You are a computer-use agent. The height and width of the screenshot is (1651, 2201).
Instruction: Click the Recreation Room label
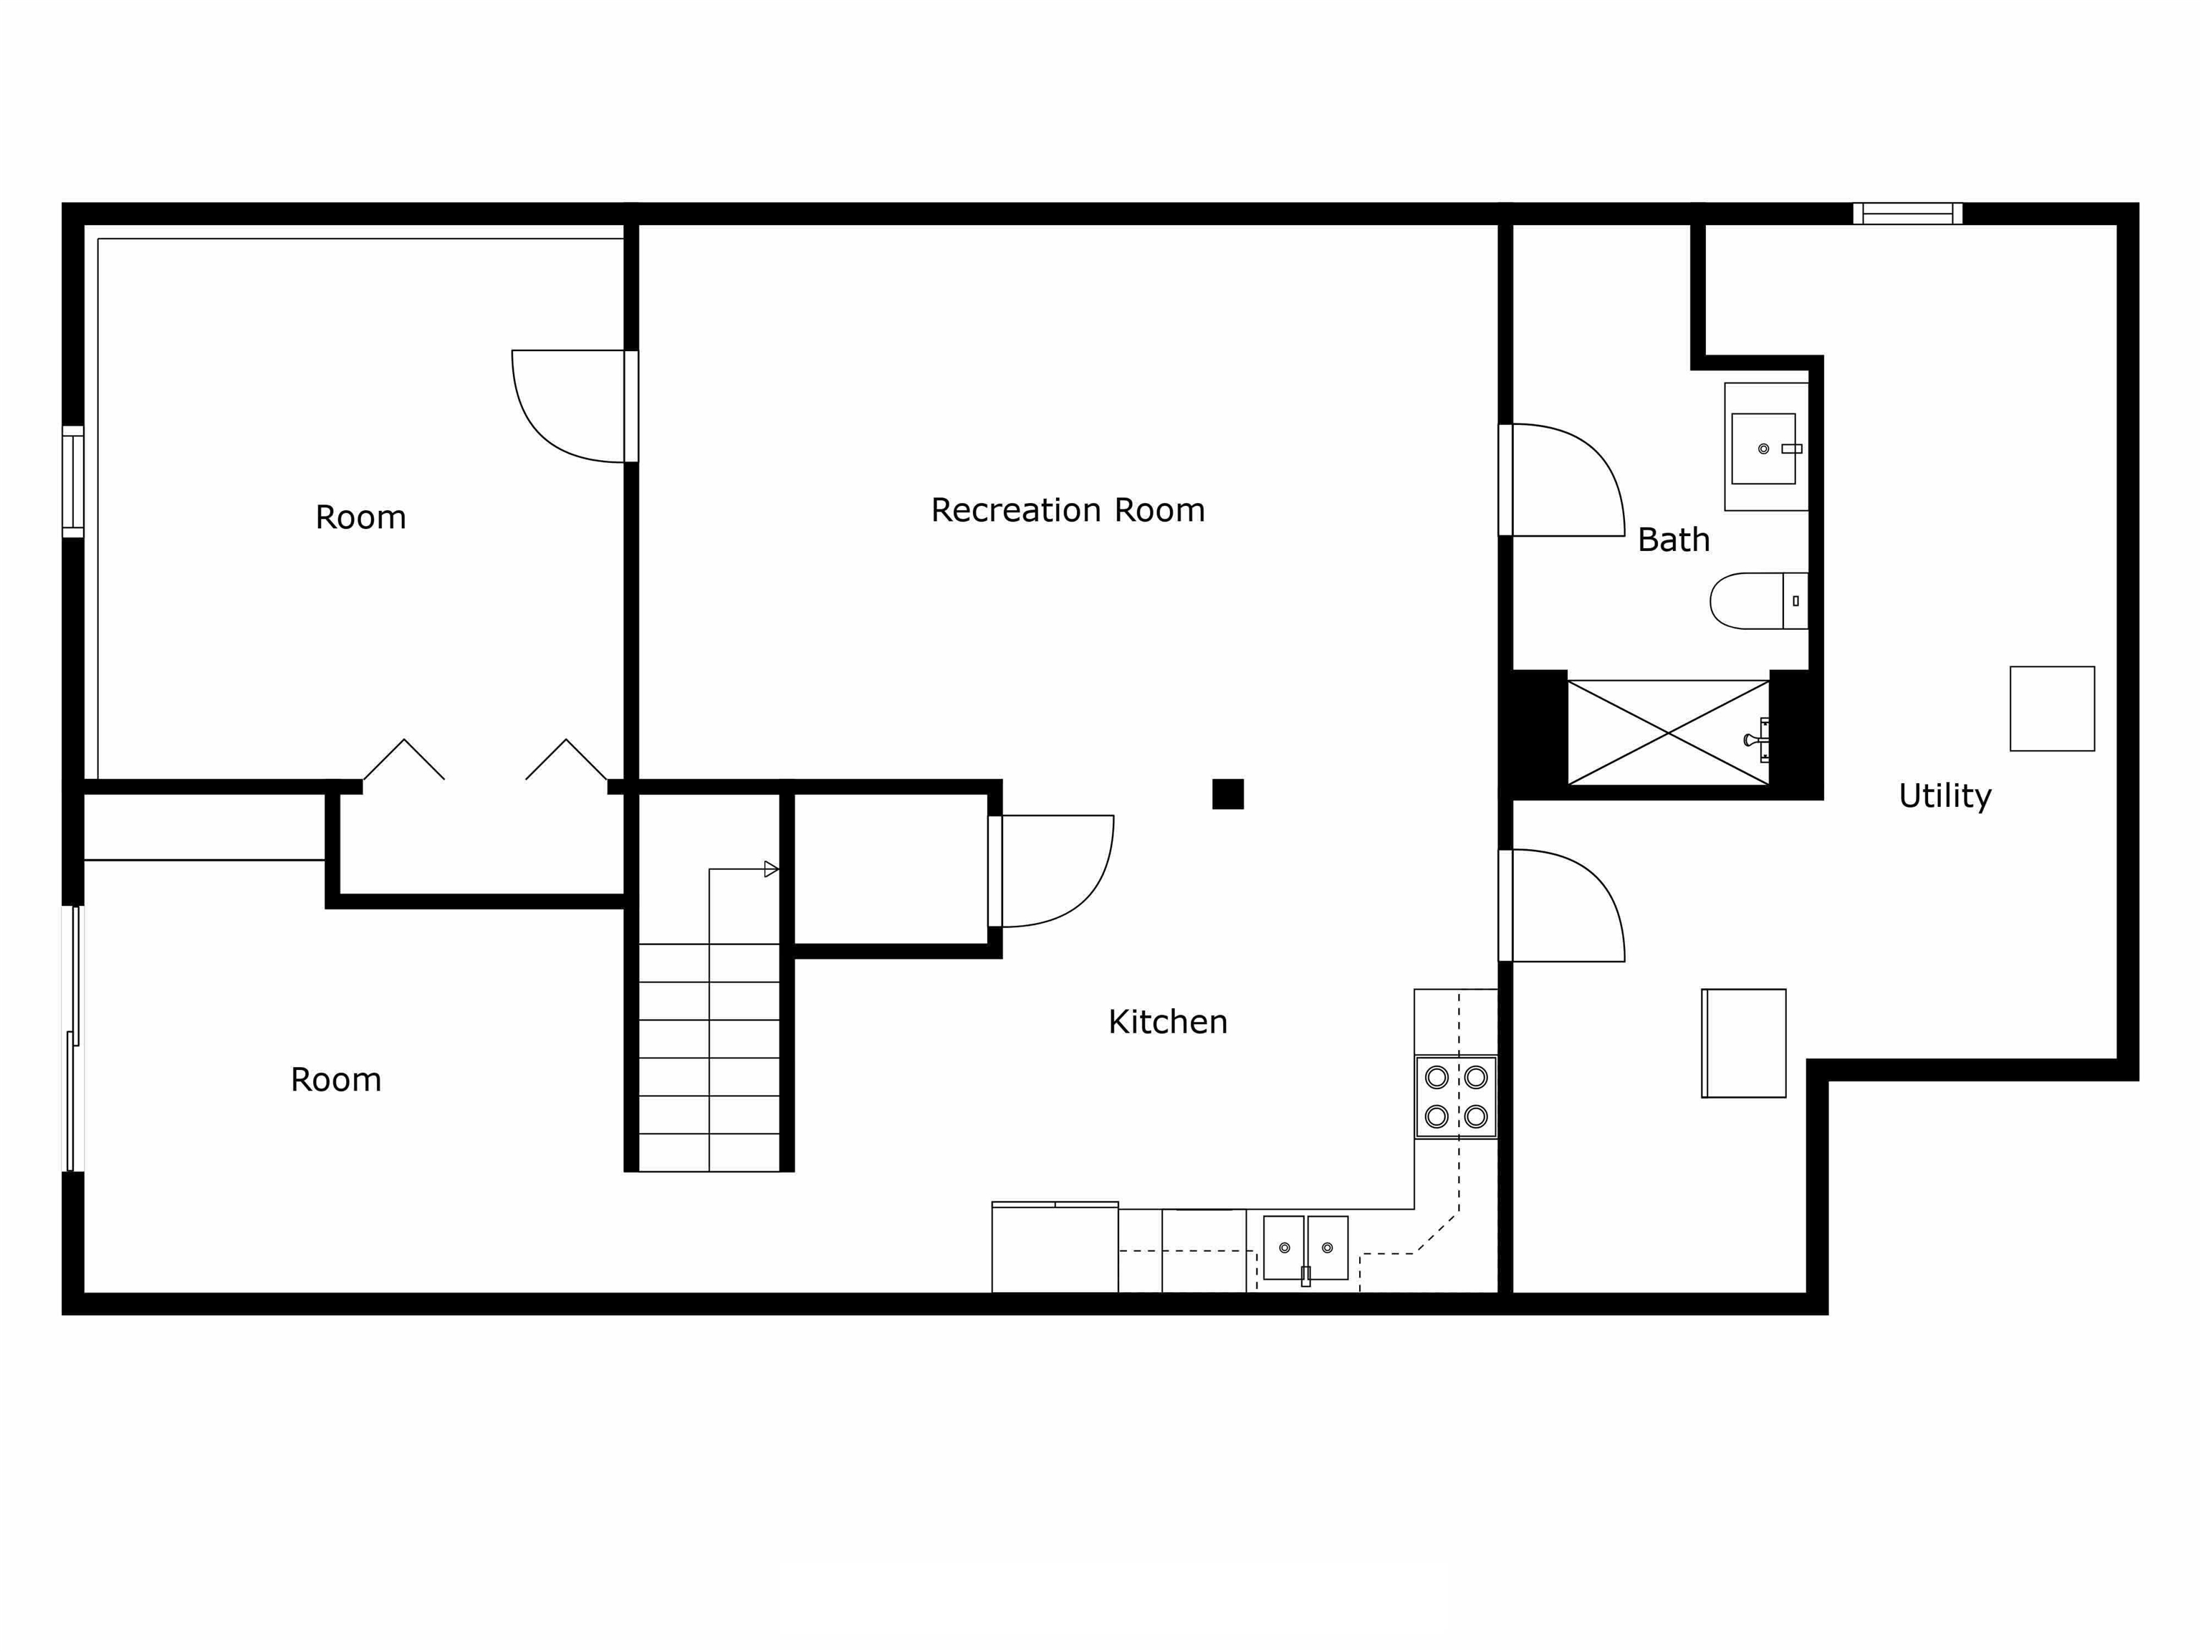pyautogui.click(x=1068, y=510)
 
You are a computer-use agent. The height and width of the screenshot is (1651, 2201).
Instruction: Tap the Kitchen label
pyautogui.click(x=1167, y=1022)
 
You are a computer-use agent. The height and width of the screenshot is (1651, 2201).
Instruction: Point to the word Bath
pyautogui.click(x=1674, y=540)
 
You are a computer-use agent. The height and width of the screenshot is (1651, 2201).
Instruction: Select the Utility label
pyautogui.click(x=1945, y=796)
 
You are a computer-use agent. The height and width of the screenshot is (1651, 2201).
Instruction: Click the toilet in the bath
pyautogui.click(x=1758, y=601)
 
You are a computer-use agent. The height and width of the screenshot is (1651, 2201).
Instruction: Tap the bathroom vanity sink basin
pyautogui.click(x=1764, y=449)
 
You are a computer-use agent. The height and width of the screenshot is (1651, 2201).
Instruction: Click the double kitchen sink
pyautogui.click(x=1305, y=1248)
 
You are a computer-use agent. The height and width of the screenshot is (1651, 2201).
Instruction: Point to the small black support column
pyautogui.click(x=1228, y=794)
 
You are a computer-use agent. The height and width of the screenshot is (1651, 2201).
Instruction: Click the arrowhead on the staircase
pyautogui.click(x=771, y=868)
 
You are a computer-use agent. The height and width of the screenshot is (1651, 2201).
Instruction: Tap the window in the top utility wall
pyautogui.click(x=1907, y=213)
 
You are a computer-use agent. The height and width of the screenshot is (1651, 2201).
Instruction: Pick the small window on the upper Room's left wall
pyautogui.click(x=72, y=482)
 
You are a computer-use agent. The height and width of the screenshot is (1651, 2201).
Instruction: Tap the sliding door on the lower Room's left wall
pyautogui.click(x=72, y=1039)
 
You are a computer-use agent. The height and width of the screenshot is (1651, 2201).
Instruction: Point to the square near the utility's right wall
pyautogui.click(x=2052, y=709)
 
